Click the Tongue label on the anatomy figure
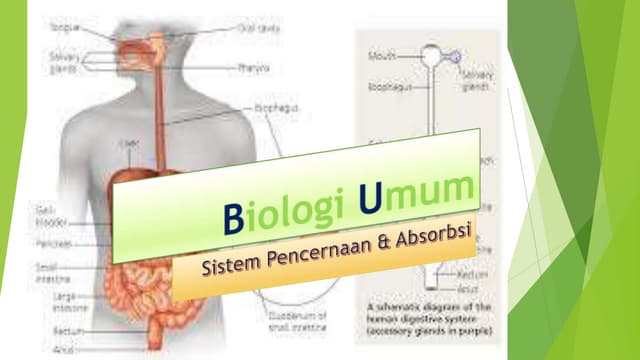coord(64,29)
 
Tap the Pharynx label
coord(251,68)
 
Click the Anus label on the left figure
coord(61,349)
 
